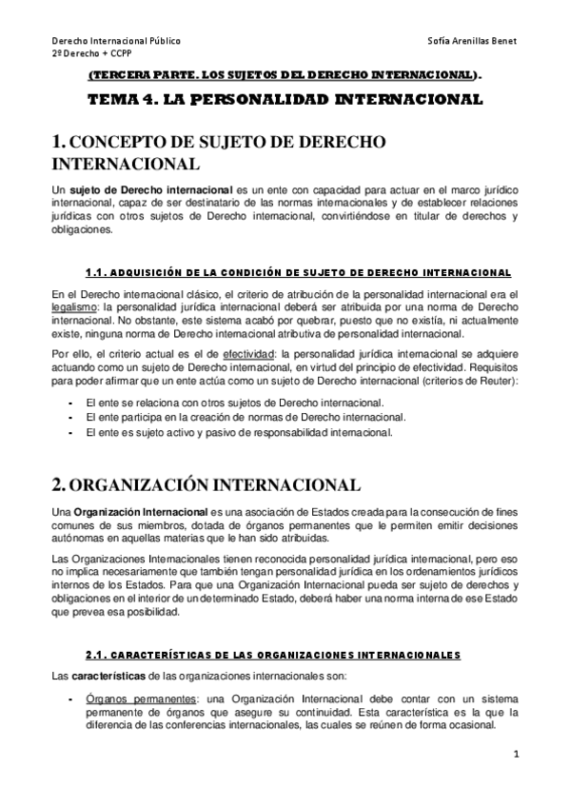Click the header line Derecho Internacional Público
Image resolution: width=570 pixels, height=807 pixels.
point(116,42)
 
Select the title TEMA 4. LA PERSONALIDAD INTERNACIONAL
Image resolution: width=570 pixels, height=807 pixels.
point(285,98)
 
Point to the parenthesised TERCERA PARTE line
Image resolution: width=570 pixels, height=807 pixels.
point(285,75)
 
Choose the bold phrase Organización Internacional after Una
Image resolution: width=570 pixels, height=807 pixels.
point(133,514)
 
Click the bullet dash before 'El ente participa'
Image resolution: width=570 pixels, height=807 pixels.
point(72,417)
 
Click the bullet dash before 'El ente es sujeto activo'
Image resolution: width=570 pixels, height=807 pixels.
point(72,432)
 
